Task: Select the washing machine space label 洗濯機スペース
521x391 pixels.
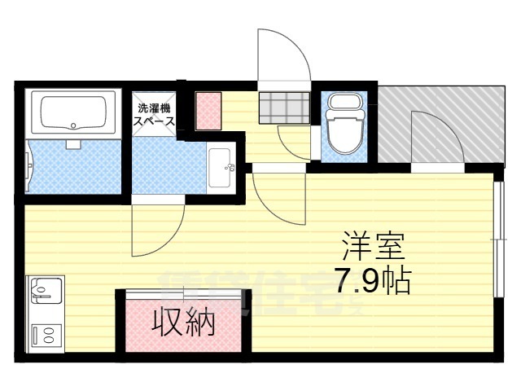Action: pos(154,114)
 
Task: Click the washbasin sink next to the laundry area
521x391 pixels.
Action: pos(220,169)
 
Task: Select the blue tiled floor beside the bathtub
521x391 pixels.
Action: pos(73,167)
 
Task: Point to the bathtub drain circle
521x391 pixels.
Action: pos(74,126)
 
